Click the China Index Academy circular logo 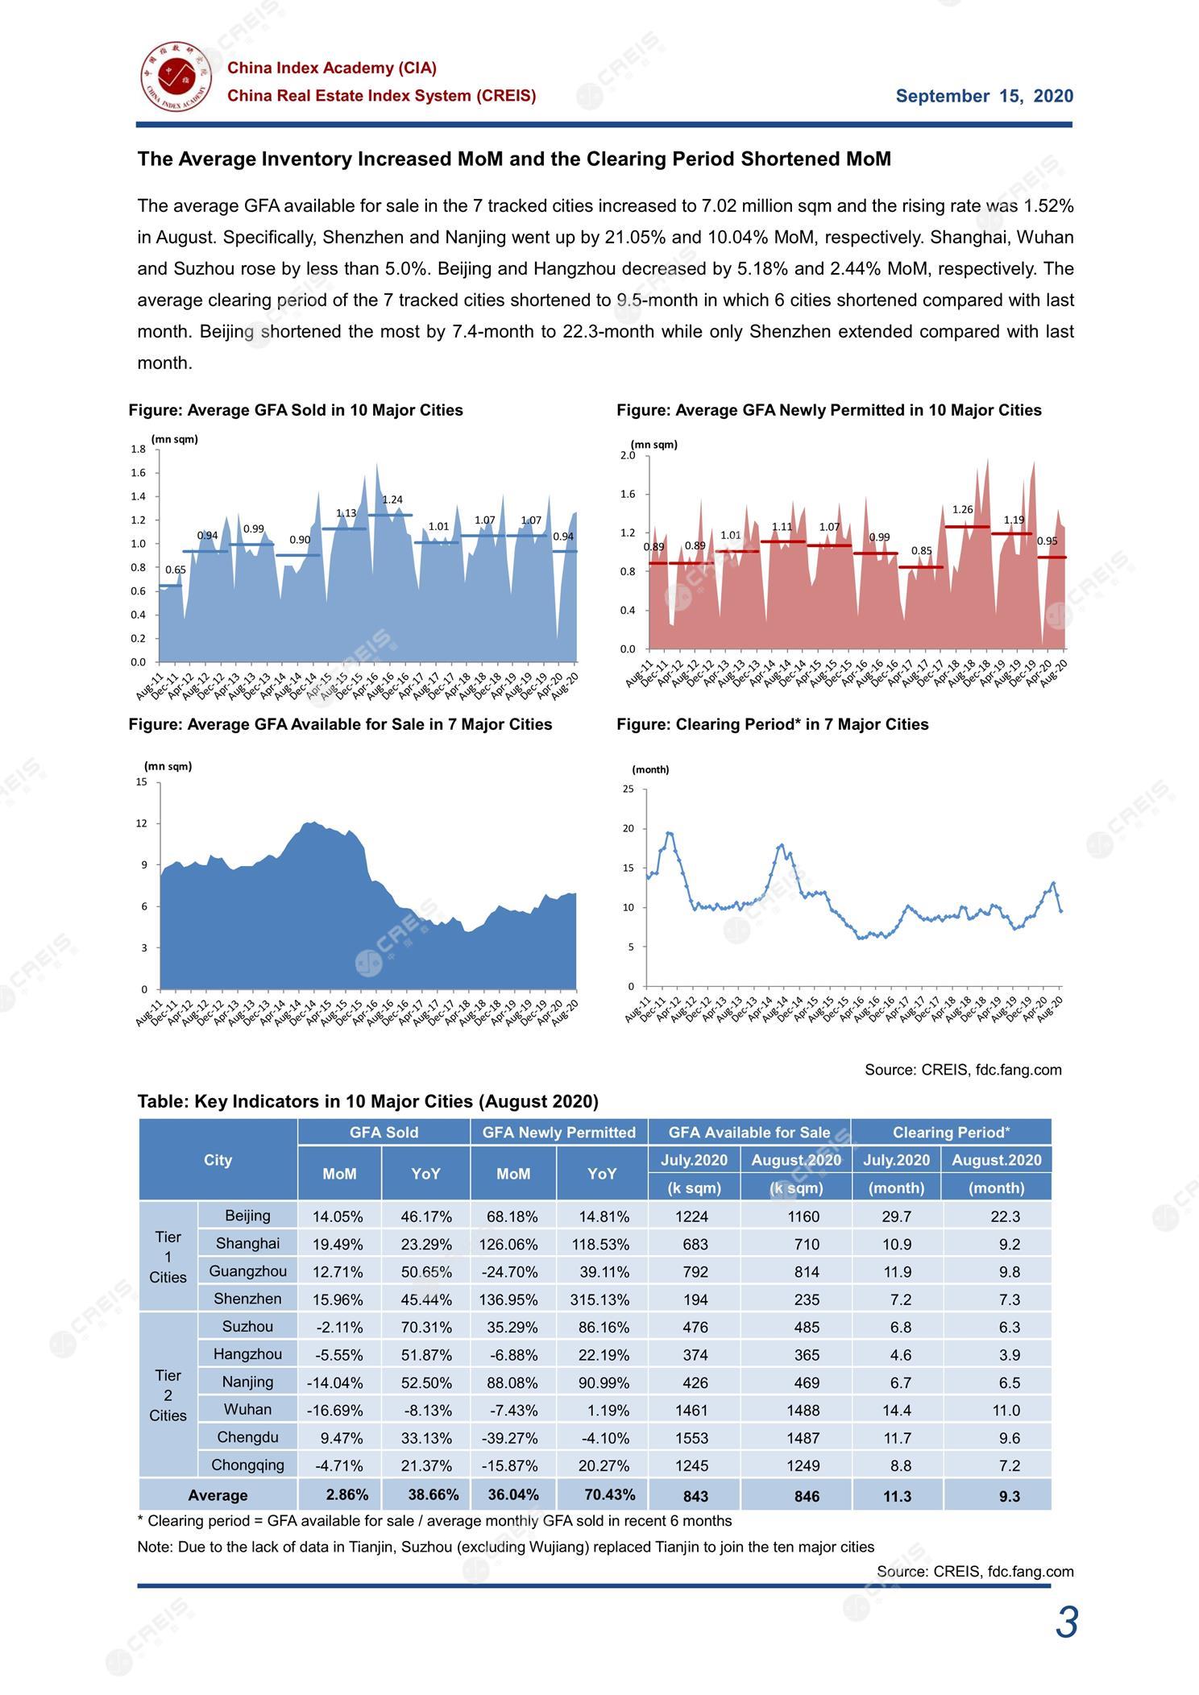point(175,77)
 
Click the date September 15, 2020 point(985,97)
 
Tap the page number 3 point(1067,1622)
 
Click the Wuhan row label point(247,1409)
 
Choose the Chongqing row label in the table point(247,1465)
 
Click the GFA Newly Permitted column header point(559,1133)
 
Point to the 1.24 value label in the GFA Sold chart point(392,499)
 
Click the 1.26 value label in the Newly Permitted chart point(963,509)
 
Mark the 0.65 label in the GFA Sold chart point(176,570)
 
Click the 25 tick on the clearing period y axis point(629,789)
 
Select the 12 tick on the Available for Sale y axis point(142,823)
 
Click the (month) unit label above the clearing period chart point(650,769)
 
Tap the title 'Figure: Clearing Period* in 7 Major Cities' point(773,724)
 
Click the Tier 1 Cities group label point(168,1257)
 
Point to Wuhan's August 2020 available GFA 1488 point(803,1410)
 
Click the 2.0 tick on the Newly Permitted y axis point(629,455)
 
